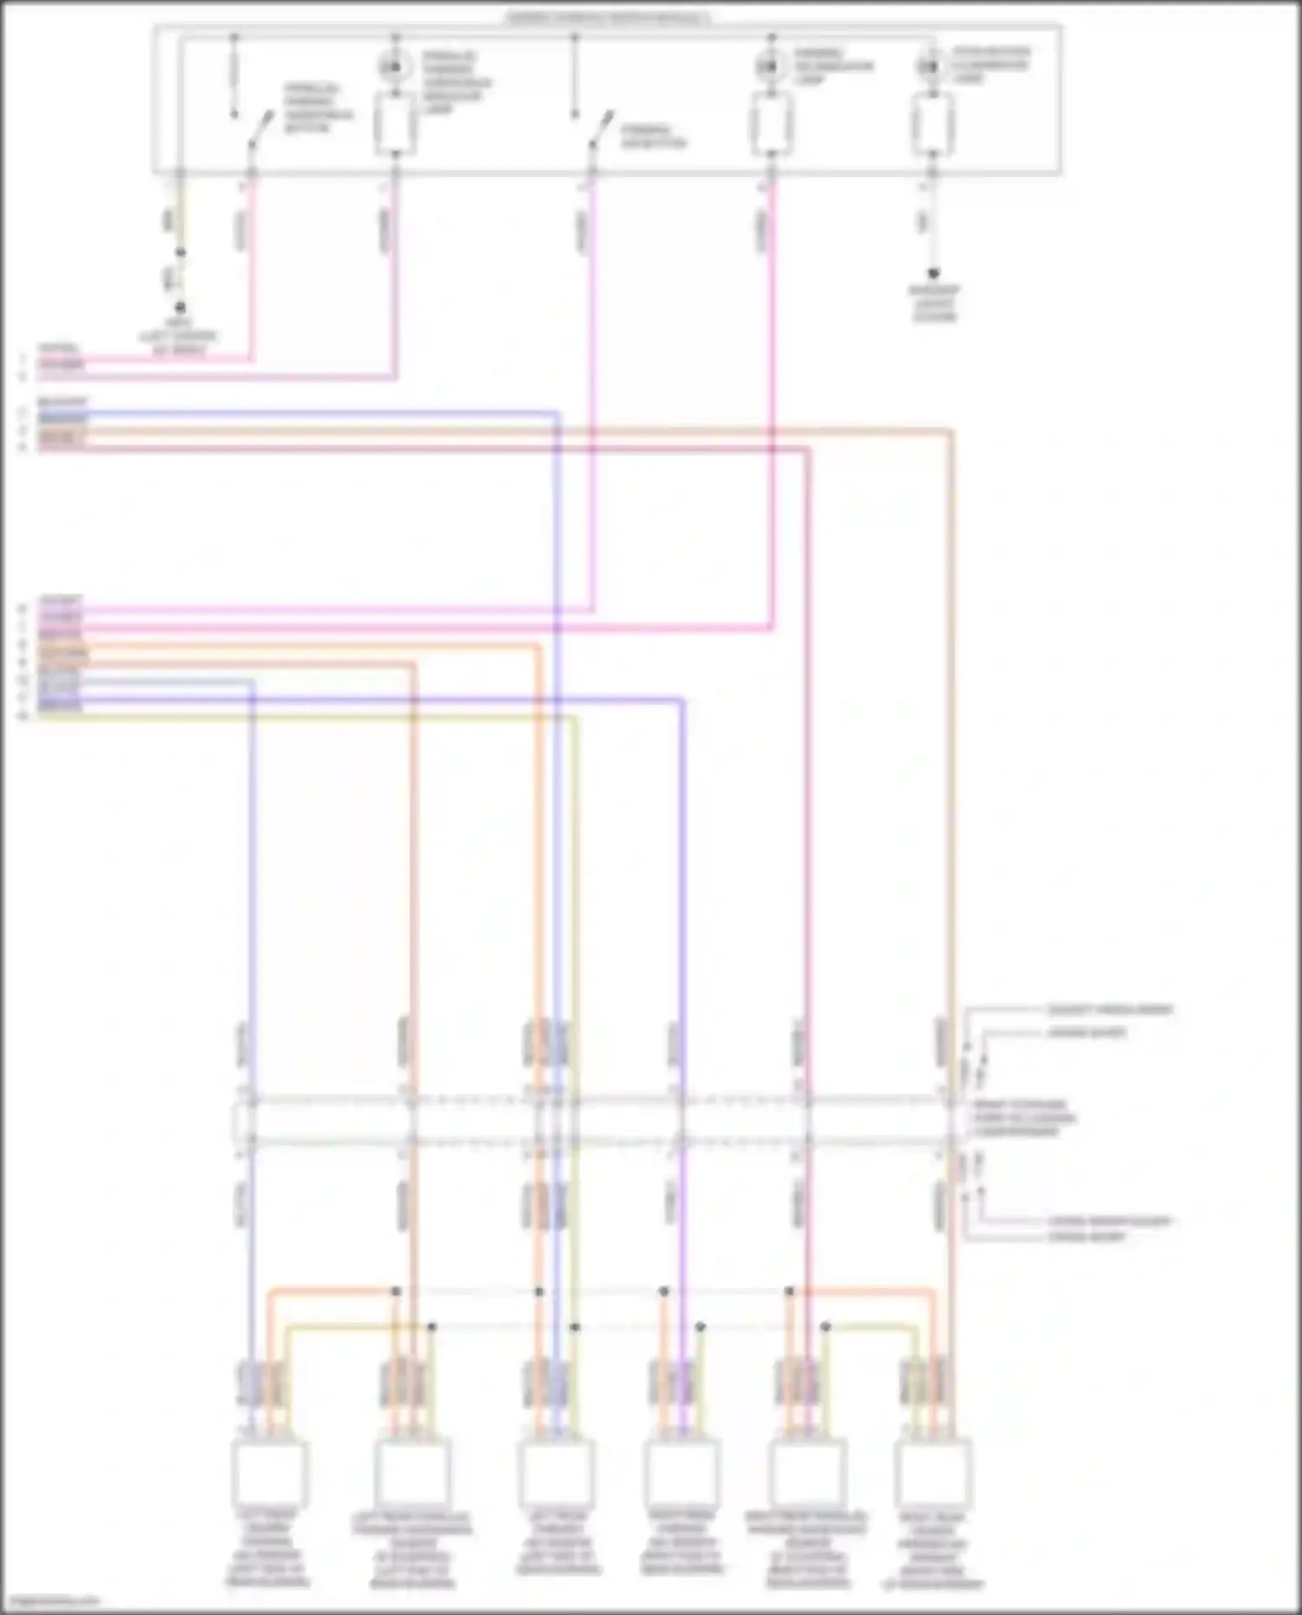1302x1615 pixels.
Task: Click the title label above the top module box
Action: (x=608, y=18)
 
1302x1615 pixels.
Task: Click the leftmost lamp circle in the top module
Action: (x=394, y=66)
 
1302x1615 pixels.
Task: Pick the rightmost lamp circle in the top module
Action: (x=930, y=66)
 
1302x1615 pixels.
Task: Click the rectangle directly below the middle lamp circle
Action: (x=770, y=124)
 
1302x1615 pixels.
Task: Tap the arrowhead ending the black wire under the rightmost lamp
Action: (x=932, y=273)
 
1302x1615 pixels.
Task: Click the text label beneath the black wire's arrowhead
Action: (x=935, y=303)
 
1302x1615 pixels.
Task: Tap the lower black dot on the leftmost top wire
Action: (x=181, y=307)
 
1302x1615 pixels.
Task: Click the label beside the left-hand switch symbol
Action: (x=318, y=108)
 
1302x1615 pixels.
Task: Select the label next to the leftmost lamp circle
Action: (x=457, y=83)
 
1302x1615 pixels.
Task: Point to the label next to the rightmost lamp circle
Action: (x=990, y=65)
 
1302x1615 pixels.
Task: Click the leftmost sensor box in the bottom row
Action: (x=269, y=1474)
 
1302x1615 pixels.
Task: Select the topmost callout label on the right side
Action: (x=1109, y=1010)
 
